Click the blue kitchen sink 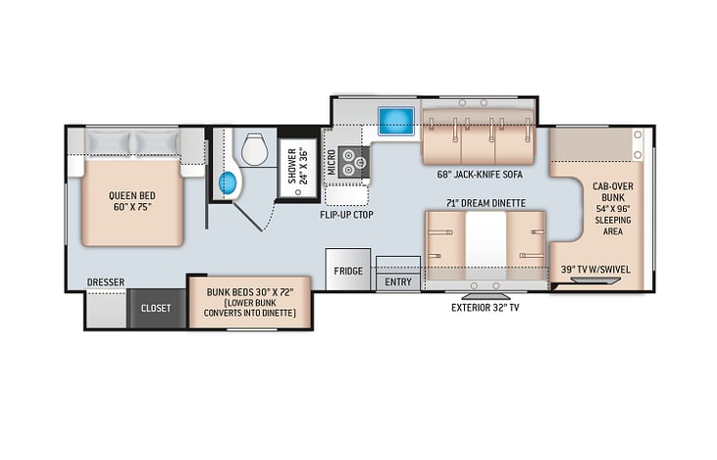pyautogui.click(x=396, y=121)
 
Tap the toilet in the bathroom pyautogui.click(x=254, y=149)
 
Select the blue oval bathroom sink pyautogui.click(x=229, y=182)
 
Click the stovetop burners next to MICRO pyautogui.click(x=353, y=163)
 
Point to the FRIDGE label pyautogui.click(x=348, y=271)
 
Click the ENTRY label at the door pyautogui.click(x=398, y=282)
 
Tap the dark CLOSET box pyautogui.click(x=156, y=308)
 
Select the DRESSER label pyautogui.click(x=106, y=282)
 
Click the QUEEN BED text pyautogui.click(x=131, y=196)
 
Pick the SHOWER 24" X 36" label pyautogui.click(x=297, y=166)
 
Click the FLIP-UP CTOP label pyautogui.click(x=346, y=215)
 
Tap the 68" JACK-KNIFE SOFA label pyautogui.click(x=480, y=175)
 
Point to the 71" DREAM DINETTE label pyautogui.click(x=487, y=203)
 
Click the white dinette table pyautogui.click(x=486, y=245)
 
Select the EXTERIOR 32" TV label pyautogui.click(x=486, y=308)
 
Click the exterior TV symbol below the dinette pyautogui.click(x=486, y=296)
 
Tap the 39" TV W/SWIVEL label pyautogui.click(x=595, y=270)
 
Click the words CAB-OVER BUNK pyautogui.click(x=613, y=192)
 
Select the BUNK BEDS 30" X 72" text pyautogui.click(x=250, y=291)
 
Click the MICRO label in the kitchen pyautogui.click(x=332, y=163)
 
